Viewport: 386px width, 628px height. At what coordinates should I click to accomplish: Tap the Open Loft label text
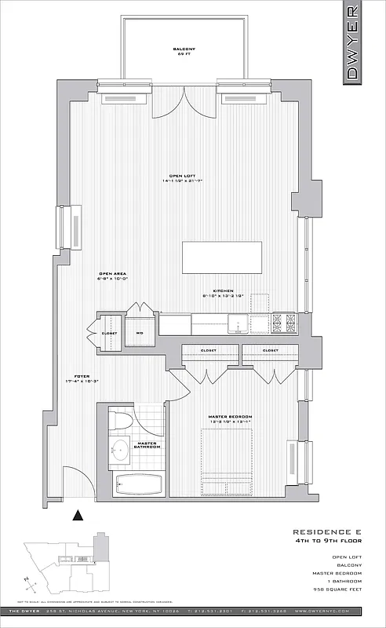tap(183, 178)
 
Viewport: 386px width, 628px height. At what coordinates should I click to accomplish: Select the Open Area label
tap(112, 276)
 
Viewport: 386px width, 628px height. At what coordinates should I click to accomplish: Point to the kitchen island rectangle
tap(223, 258)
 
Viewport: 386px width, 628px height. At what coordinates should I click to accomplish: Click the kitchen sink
tap(238, 323)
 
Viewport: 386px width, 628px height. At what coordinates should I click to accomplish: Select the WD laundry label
tap(140, 333)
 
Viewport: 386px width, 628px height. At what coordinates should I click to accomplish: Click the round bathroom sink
tap(120, 451)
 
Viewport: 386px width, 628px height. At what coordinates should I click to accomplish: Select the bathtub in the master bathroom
tap(138, 485)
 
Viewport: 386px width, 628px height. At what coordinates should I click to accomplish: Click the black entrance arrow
tap(77, 516)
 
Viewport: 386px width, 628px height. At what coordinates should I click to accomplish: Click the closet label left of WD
tap(109, 333)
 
